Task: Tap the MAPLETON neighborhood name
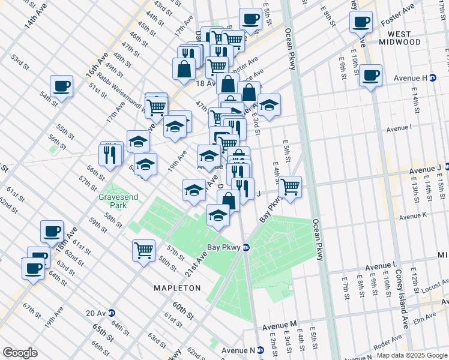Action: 177,288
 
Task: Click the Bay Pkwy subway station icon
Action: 246,247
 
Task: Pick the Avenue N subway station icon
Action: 261,350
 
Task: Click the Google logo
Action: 20,352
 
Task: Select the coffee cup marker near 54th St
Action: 61,86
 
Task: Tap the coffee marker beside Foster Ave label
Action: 361,23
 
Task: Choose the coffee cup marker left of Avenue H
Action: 371,76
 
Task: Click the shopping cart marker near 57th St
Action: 143,250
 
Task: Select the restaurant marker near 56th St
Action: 110,155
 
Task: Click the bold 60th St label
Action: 182,311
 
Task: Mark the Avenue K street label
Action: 412,215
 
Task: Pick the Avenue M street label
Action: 280,325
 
